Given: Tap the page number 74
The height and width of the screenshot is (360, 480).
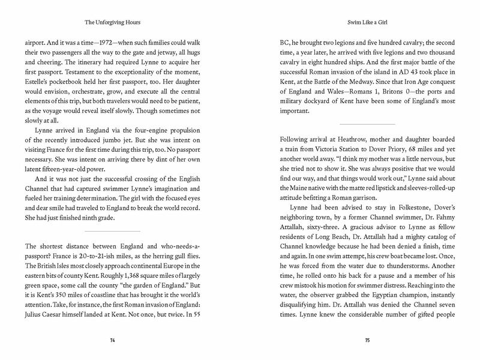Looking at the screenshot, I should point(112,341).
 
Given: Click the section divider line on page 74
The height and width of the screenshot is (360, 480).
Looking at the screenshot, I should point(112,231).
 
